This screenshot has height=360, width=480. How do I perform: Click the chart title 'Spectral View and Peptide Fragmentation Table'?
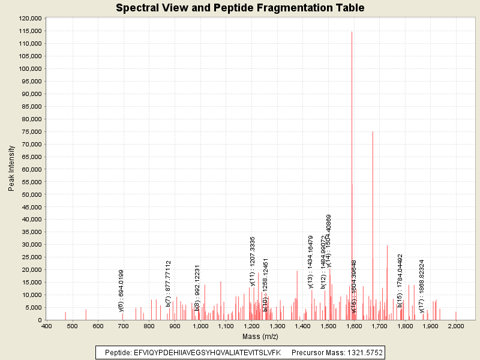pos(240,8)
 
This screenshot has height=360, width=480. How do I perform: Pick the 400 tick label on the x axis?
pos(46,326)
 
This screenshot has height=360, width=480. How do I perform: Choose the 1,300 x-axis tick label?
pos(277,326)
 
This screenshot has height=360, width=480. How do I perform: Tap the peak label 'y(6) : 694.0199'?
pos(122,290)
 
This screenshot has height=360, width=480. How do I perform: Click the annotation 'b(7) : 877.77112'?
pos(169,283)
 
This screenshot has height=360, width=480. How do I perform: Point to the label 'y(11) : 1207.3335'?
pos(253,261)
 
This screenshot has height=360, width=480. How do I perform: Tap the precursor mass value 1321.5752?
pos(359,352)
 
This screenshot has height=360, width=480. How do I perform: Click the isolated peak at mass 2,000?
pos(456,316)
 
